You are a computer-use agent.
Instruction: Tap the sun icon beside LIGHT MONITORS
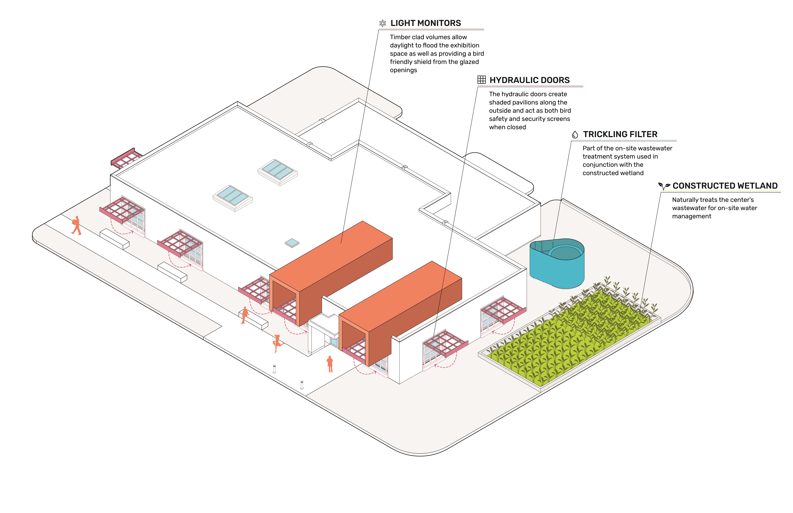point(383,23)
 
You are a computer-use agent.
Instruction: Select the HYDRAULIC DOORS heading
point(529,80)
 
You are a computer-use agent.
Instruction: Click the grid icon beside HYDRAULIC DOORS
point(481,80)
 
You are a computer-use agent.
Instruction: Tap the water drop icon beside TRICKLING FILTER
point(575,134)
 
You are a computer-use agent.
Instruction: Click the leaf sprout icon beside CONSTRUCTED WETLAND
point(664,186)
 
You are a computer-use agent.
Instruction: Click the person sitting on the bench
point(245,315)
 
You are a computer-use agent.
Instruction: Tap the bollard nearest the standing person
point(302,385)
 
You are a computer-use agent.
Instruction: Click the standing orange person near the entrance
point(330,364)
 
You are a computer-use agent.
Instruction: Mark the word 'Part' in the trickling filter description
point(589,148)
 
